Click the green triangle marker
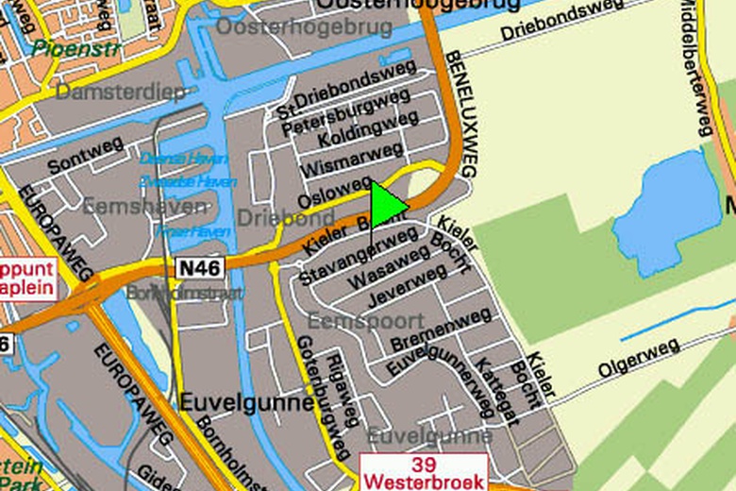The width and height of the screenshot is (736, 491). coord(385,205)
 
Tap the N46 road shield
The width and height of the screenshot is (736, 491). coord(198,269)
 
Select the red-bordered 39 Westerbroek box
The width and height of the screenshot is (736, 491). coord(423,472)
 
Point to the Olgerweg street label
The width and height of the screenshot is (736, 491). coord(638,359)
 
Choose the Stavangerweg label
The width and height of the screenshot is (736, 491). coord(343,255)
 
